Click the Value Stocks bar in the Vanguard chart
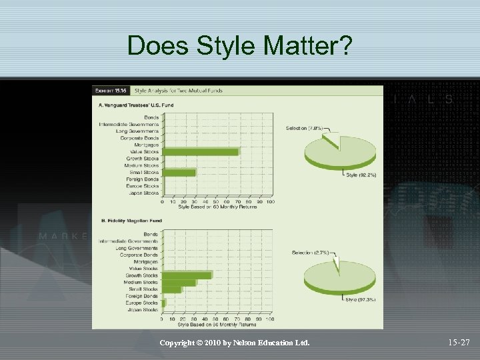200,152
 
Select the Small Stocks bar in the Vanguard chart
179,173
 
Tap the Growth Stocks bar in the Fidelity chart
187,275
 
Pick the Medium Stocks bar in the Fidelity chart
179,282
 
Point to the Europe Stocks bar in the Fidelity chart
164,303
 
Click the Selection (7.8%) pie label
304,128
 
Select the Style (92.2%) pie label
361,175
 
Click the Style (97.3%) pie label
361,299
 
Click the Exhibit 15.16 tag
111,91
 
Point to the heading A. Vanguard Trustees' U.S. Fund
137,105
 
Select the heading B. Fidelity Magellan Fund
131,221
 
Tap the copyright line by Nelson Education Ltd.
235,343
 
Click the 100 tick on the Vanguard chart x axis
270,201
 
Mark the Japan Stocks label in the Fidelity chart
142,309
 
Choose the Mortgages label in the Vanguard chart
146,145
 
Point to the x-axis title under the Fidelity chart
217,325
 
